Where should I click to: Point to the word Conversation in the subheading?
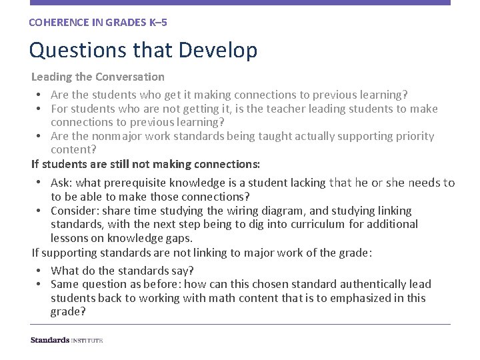(x=130, y=77)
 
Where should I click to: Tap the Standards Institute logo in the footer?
(x=67, y=340)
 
